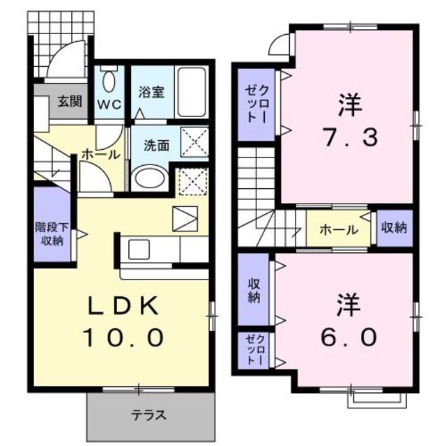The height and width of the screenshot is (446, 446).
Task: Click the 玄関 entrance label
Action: pos(68,101)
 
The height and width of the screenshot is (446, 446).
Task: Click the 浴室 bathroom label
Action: pos(151,92)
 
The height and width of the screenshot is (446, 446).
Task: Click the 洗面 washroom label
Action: pos(155,146)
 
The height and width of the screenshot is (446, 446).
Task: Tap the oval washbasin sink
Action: pos(148,178)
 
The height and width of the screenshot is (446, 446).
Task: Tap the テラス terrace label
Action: pos(149,415)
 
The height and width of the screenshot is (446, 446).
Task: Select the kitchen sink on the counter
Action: pos(137,248)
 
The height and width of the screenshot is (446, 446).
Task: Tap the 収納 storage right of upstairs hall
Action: pos(394,229)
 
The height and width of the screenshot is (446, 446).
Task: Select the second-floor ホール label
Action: pos(339,230)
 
